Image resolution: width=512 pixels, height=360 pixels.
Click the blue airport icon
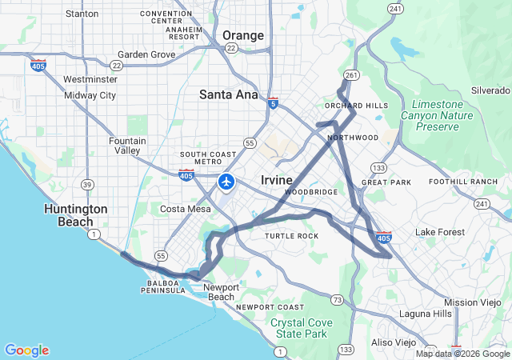click(x=226, y=182)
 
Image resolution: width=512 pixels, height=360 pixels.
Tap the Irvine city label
click(x=277, y=180)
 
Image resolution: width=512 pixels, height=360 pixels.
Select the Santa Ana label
click(x=229, y=94)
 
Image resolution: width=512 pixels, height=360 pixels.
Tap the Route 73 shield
click(x=338, y=300)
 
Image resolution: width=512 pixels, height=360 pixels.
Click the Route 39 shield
click(x=86, y=185)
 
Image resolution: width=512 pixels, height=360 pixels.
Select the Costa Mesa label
click(x=186, y=209)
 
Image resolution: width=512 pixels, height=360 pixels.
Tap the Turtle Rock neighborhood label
click(x=291, y=236)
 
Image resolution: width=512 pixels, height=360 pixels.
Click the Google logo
click(x=26, y=350)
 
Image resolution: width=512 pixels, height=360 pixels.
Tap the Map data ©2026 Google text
click(x=462, y=354)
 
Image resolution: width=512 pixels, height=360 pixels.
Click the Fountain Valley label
click(x=127, y=146)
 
